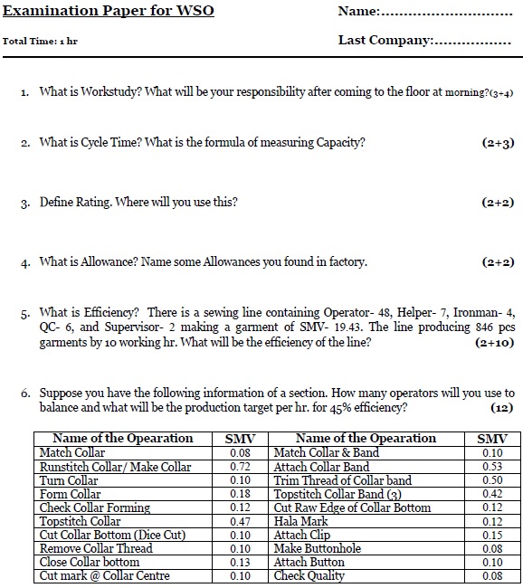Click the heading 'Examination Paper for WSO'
click(109, 12)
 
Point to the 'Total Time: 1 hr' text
click(41, 42)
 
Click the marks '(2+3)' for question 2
click(498, 143)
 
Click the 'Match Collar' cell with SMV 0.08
click(71, 452)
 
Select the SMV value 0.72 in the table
click(240, 467)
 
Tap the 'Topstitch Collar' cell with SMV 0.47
click(80, 521)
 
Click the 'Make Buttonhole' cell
click(317, 548)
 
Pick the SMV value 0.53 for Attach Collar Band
click(492, 467)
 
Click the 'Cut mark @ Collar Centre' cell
click(104, 575)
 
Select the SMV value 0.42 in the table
click(492, 494)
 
